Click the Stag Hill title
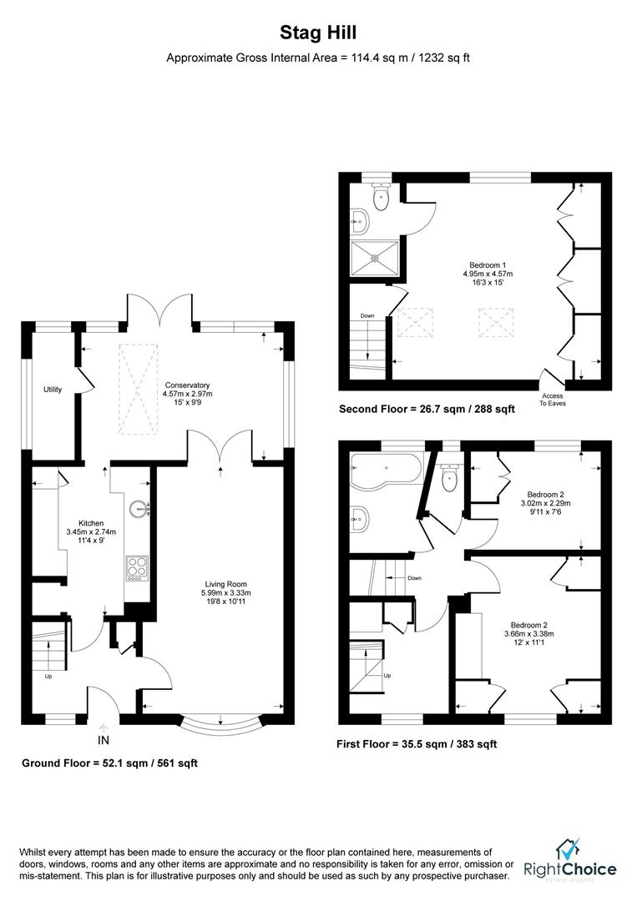point(318,33)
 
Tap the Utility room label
point(53,390)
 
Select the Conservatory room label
point(187,385)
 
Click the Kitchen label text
point(91,523)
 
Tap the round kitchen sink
point(139,509)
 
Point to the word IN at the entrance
point(104,740)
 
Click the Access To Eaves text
point(552,400)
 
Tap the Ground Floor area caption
point(109,763)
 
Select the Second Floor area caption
point(427,409)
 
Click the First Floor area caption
point(416,743)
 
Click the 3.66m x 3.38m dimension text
point(534,633)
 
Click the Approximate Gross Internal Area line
point(318,58)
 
